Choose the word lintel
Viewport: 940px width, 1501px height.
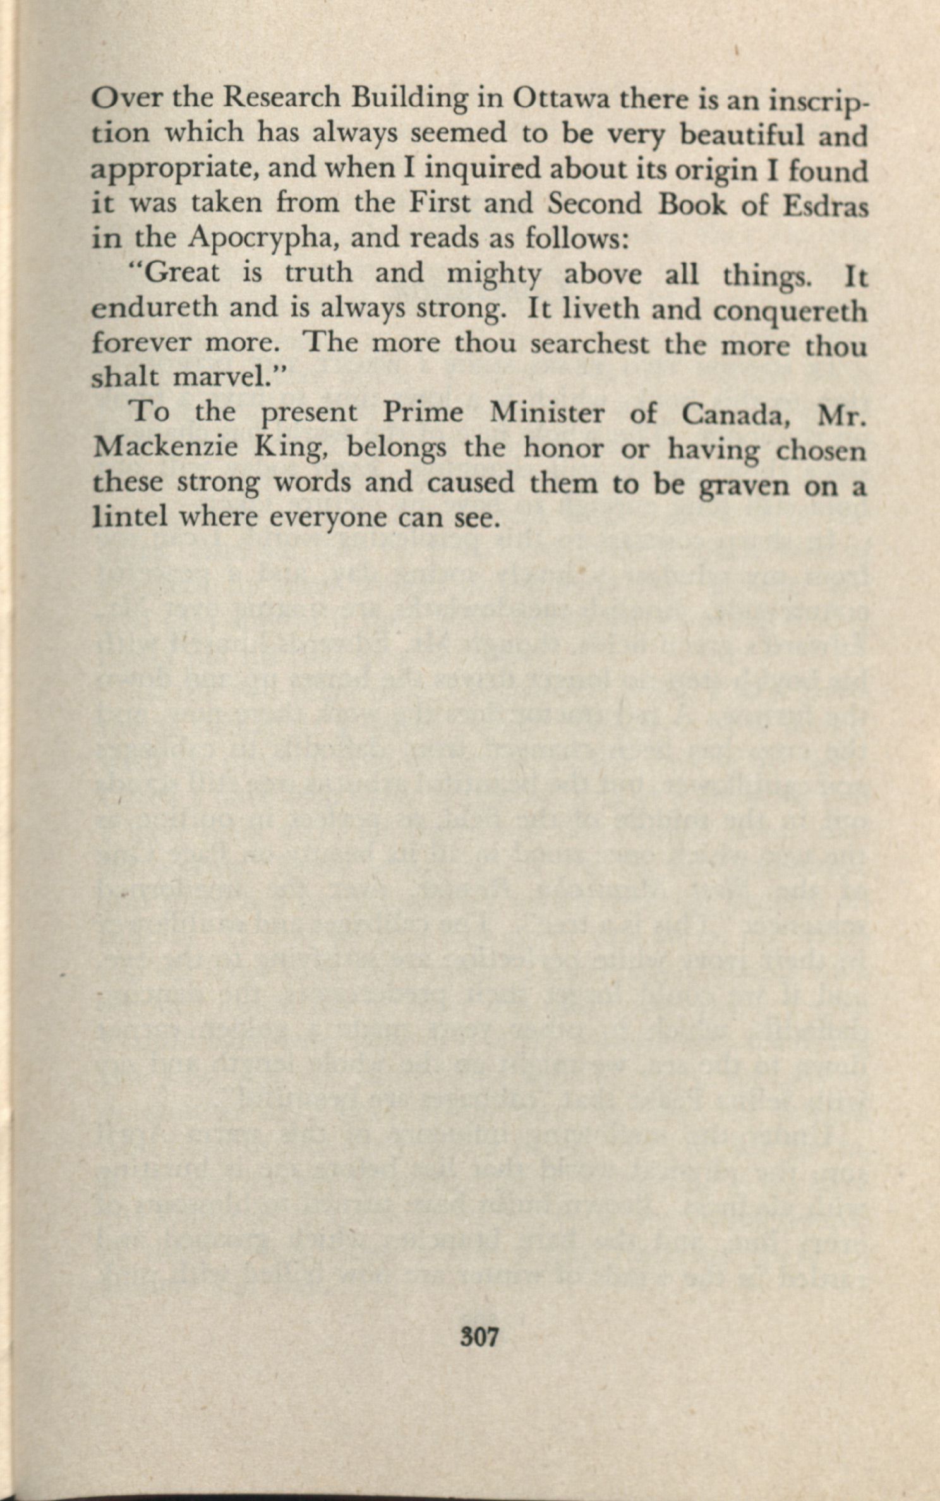tap(130, 517)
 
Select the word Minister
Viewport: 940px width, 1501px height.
tap(546, 413)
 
